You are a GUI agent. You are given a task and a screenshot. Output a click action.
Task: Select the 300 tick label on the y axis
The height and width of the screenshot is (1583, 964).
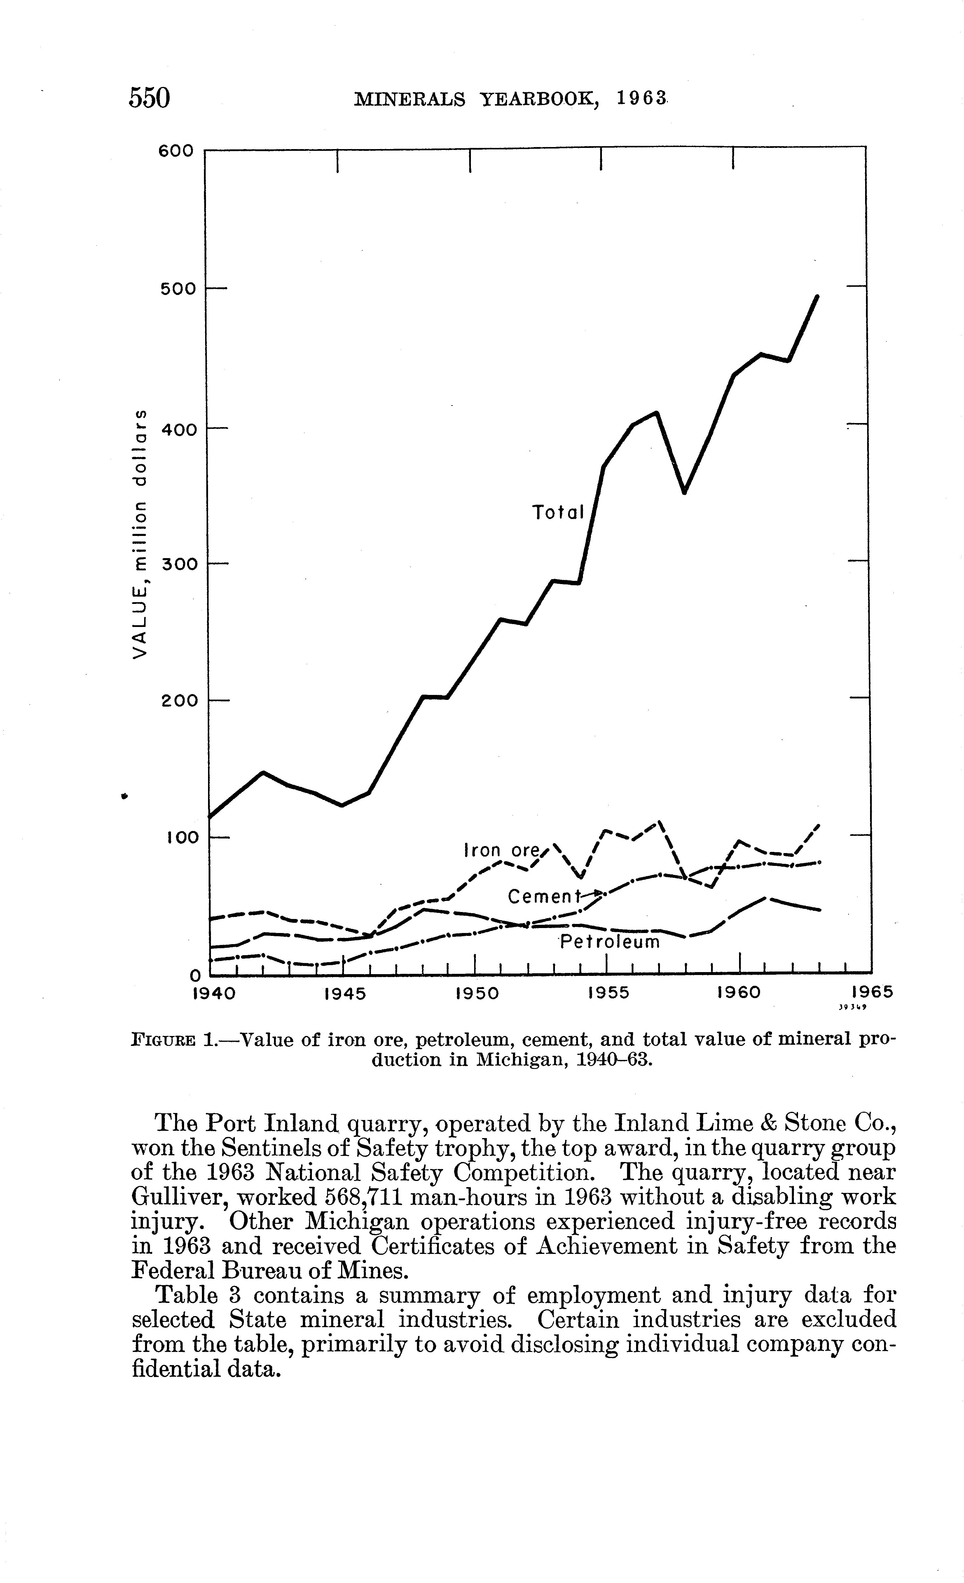[x=177, y=564]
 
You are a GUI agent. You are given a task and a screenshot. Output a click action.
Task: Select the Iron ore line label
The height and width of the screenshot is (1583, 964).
[x=501, y=851]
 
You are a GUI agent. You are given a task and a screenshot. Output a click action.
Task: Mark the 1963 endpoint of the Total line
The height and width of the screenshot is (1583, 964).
[x=818, y=296]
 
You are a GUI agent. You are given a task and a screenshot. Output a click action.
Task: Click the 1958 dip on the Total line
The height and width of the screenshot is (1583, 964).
[x=684, y=492]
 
